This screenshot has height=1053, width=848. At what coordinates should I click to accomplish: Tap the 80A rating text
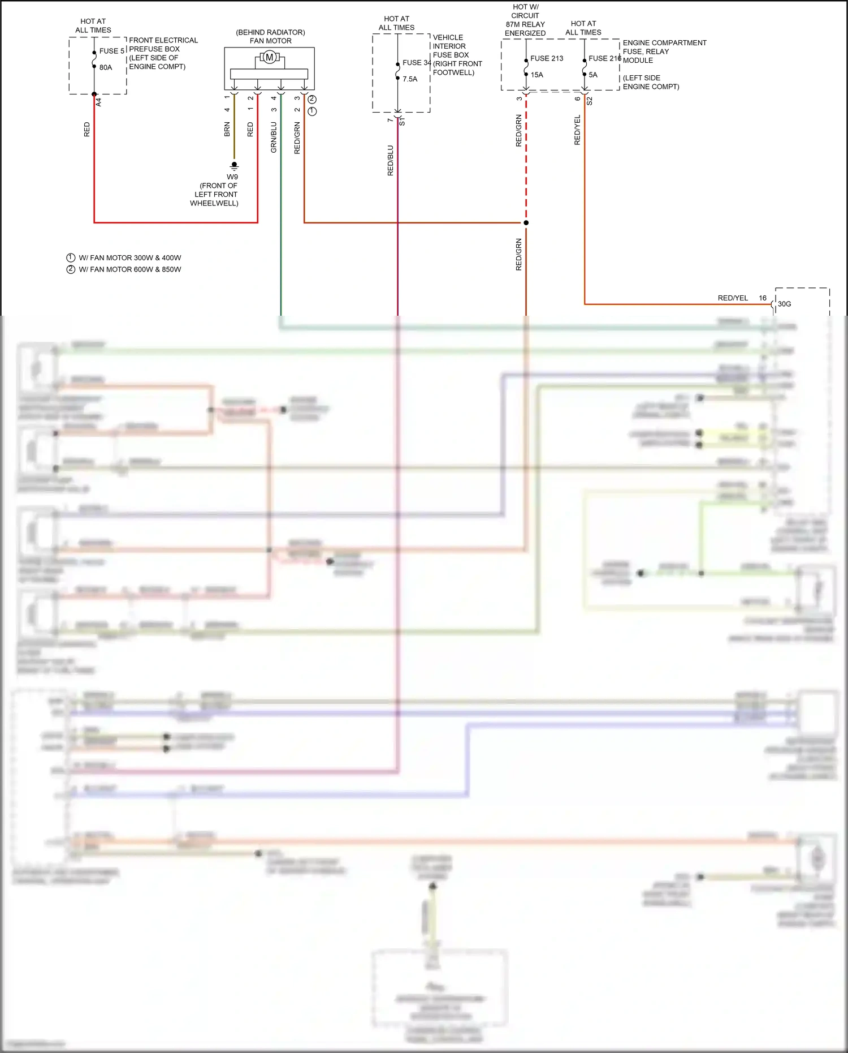tap(106, 67)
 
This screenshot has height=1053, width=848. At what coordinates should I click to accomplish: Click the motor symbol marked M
tap(270, 57)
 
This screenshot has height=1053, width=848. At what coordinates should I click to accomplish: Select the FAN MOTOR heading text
tap(271, 41)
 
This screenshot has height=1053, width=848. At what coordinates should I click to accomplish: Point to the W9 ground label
tap(232, 177)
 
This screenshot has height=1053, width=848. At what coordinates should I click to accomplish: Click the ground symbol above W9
tap(234, 166)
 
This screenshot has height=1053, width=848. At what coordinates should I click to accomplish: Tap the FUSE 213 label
tap(547, 58)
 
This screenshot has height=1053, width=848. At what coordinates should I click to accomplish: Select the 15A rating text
tap(537, 75)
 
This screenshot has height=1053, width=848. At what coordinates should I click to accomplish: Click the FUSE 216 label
tap(604, 58)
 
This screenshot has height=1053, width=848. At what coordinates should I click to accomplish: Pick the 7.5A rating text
tap(410, 79)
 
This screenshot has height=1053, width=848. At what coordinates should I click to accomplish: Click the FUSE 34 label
tap(417, 63)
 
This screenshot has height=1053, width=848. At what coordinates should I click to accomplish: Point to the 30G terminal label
tap(784, 304)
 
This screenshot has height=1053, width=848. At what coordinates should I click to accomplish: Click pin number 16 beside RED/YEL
tap(763, 298)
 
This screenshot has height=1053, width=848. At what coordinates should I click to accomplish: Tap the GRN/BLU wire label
tap(274, 137)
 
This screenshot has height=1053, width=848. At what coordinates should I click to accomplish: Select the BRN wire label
tap(227, 130)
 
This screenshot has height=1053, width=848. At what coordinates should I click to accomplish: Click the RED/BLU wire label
tap(390, 161)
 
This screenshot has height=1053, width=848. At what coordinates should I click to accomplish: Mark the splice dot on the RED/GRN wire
tap(526, 222)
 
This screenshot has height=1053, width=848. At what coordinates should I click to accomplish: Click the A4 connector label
tap(99, 102)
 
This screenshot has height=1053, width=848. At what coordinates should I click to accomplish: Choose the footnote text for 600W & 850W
tap(129, 269)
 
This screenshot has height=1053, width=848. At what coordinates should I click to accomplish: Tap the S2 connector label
tap(589, 101)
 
